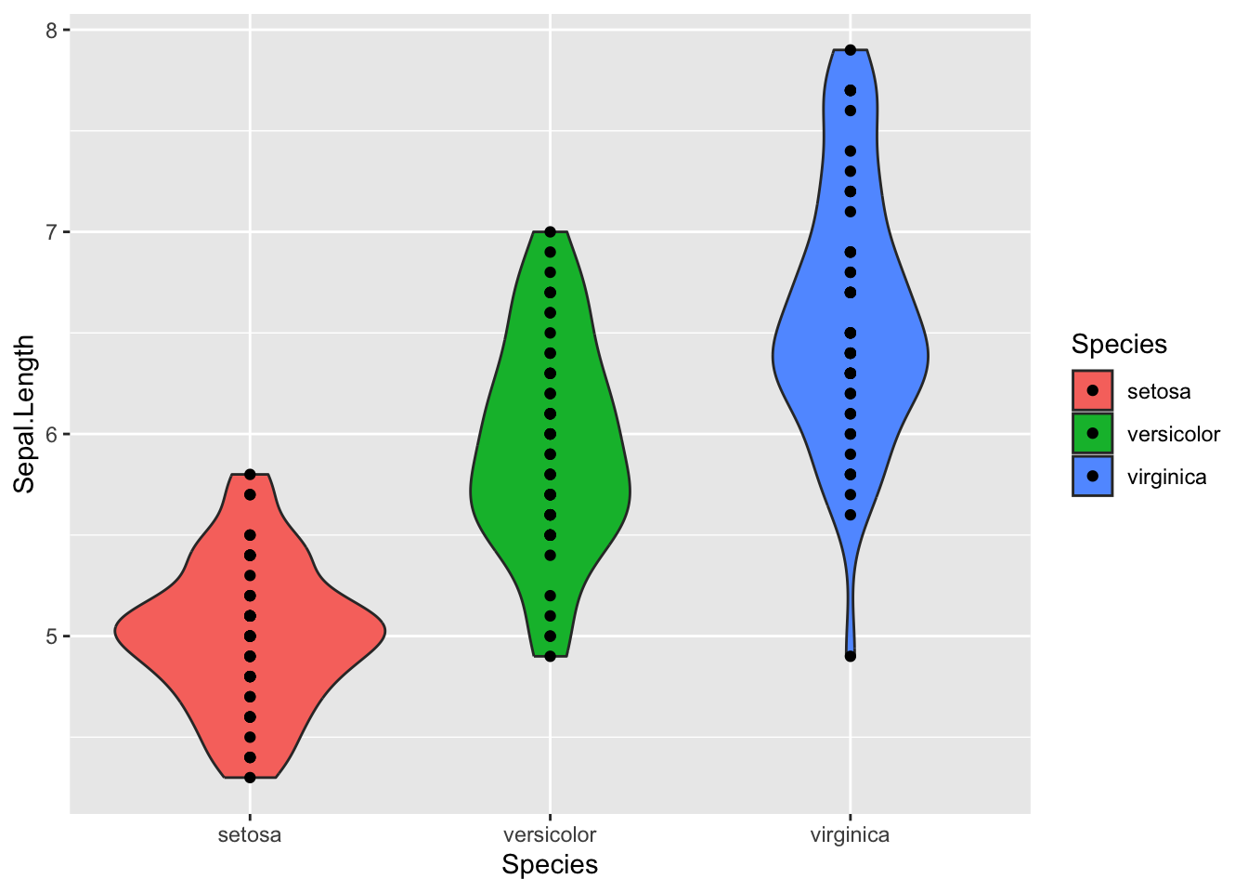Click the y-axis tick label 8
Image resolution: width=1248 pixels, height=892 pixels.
pyautogui.click(x=51, y=31)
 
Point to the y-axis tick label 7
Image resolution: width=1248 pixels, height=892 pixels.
pyautogui.click(x=51, y=232)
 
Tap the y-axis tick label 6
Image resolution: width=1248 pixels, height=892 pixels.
pyautogui.click(x=51, y=434)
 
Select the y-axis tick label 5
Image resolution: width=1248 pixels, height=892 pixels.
pyautogui.click(x=51, y=636)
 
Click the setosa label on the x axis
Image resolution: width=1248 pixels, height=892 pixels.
pyautogui.click(x=249, y=834)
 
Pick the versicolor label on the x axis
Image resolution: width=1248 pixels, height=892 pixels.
pyautogui.click(x=550, y=834)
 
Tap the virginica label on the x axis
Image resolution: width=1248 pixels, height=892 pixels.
pyautogui.click(x=850, y=834)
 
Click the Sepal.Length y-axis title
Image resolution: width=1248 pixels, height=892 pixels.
pyautogui.click(x=25, y=413)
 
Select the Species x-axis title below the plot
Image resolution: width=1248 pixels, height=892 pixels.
pyautogui.click(x=550, y=865)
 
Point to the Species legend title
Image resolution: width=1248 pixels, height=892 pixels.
pyautogui.click(x=1119, y=345)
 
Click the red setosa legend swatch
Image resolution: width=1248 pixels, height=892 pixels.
pyautogui.click(x=1092, y=391)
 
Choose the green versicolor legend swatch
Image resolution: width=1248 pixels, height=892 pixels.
pyautogui.click(x=1092, y=433)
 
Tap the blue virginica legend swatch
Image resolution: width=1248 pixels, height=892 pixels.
pyautogui.click(x=1092, y=476)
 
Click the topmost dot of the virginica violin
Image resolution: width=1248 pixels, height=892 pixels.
pyautogui.click(x=851, y=50)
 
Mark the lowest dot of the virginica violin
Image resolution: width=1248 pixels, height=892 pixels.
pyautogui.click(x=851, y=656)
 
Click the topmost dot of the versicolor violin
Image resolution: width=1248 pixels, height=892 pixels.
pyautogui.click(x=550, y=232)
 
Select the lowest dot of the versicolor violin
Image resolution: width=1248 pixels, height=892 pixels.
pyautogui.click(x=550, y=656)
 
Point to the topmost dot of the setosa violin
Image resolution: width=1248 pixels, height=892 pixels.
pyautogui.click(x=250, y=475)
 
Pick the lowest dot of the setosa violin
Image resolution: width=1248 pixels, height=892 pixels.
pyautogui.click(x=250, y=778)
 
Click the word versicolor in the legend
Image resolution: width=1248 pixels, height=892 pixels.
pyautogui.click(x=1173, y=434)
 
